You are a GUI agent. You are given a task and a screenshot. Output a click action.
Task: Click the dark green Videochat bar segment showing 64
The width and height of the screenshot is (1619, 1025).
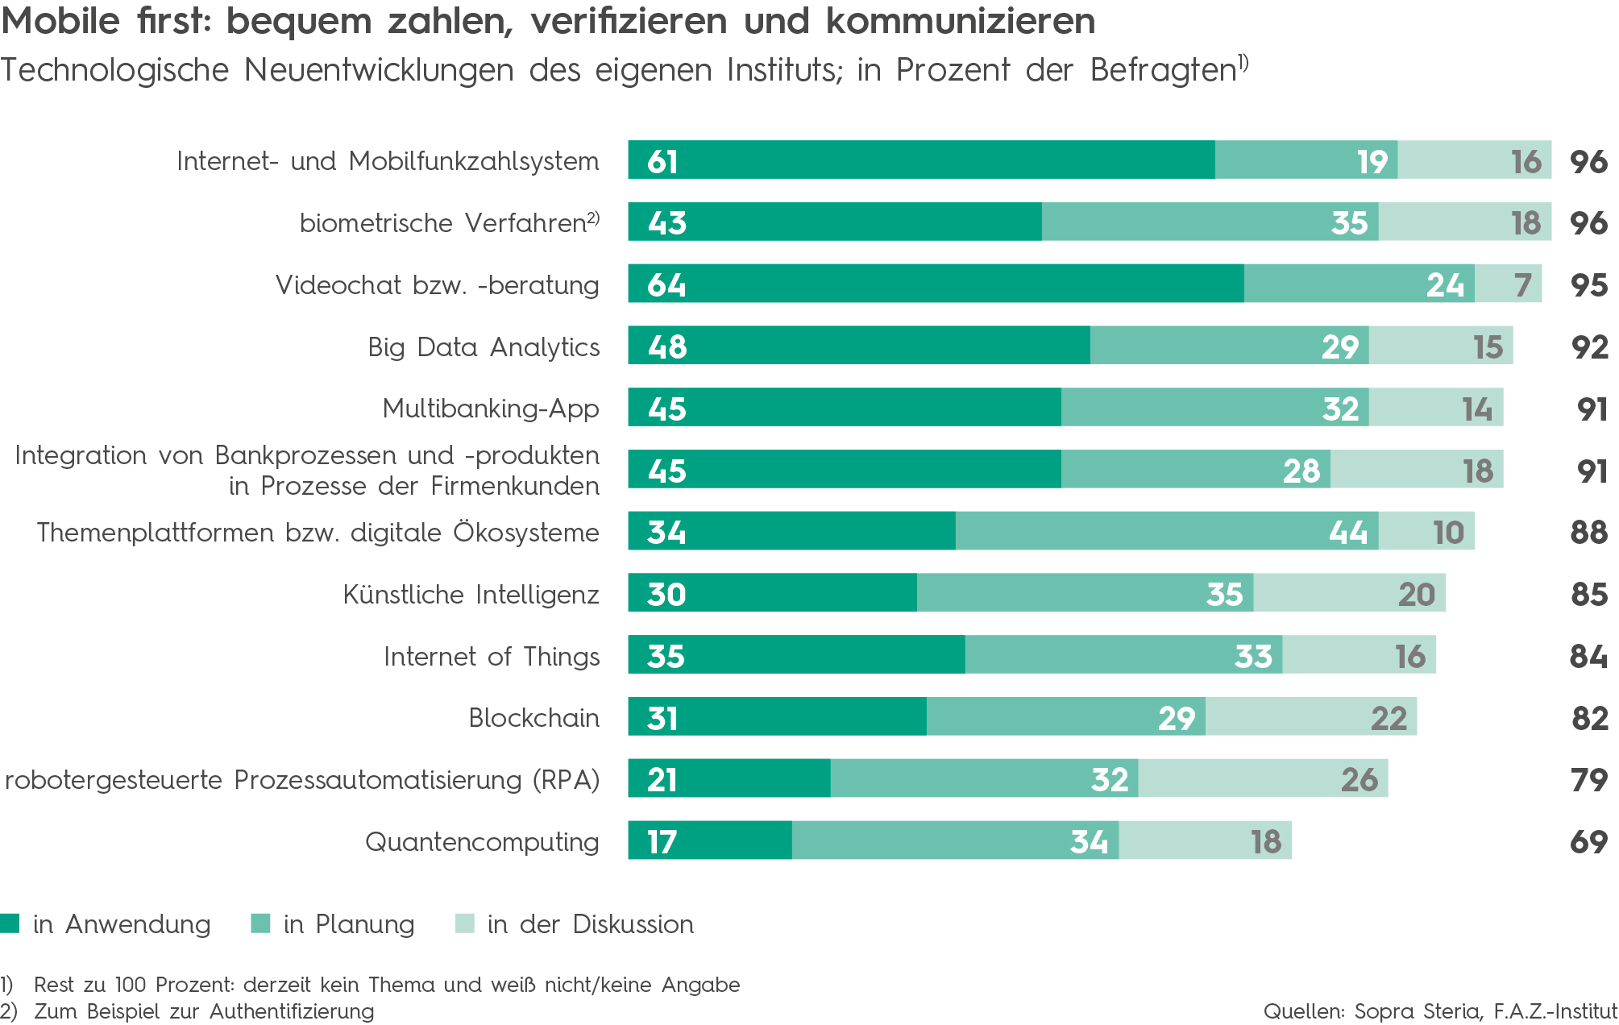pyautogui.click(x=935, y=284)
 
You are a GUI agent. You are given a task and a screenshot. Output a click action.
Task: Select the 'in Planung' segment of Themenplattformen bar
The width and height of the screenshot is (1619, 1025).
pyautogui.click(x=1165, y=531)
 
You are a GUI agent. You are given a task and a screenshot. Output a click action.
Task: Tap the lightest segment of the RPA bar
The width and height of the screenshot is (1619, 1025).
pyautogui.click(x=1262, y=778)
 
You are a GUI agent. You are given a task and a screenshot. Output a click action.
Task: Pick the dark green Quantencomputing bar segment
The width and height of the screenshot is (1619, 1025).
pyautogui.click(x=709, y=840)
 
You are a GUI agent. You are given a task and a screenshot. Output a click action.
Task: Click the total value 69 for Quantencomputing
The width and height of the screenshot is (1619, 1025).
pyautogui.click(x=1588, y=842)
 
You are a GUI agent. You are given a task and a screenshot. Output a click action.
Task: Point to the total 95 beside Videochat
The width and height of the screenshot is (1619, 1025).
pyautogui.click(x=1588, y=285)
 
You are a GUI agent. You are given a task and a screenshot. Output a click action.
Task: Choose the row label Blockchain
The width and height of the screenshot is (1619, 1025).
pyautogui.click(x=533, y=718)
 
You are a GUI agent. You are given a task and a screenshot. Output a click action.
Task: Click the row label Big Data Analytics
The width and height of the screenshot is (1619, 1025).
pyautogui.click(x=484, y=347)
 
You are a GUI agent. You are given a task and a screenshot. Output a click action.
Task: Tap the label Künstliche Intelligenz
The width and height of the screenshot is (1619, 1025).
pyautogui.click(x=471, y=595)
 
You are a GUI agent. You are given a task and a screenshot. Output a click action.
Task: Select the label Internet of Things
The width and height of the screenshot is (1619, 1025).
pyautogui.click(x=492, y=657)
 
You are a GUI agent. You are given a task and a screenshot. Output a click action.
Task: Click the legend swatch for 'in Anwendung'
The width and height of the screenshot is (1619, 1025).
pyautogui.click(x=10, y=923)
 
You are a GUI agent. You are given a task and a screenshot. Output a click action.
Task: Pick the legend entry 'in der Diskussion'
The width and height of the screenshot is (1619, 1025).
pyautogui.click(x=590, y=924)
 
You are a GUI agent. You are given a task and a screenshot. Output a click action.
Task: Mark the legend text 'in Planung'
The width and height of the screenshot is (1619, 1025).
pyautogui.click(x=349, y=924)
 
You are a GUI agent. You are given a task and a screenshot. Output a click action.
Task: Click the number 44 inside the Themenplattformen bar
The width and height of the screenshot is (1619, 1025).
pyautogui.click(x=1348, y=533)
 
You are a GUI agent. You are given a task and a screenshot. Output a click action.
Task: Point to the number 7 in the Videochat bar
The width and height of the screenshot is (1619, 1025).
pyautogui.click(x=1522, y=285)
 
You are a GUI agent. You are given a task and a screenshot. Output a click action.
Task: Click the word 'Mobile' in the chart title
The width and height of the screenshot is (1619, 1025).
pyautogui.click(x=60, y=21)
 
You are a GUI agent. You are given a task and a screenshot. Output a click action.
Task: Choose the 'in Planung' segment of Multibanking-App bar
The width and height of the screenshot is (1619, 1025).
pyautogui.click(x=1214, y=407)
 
